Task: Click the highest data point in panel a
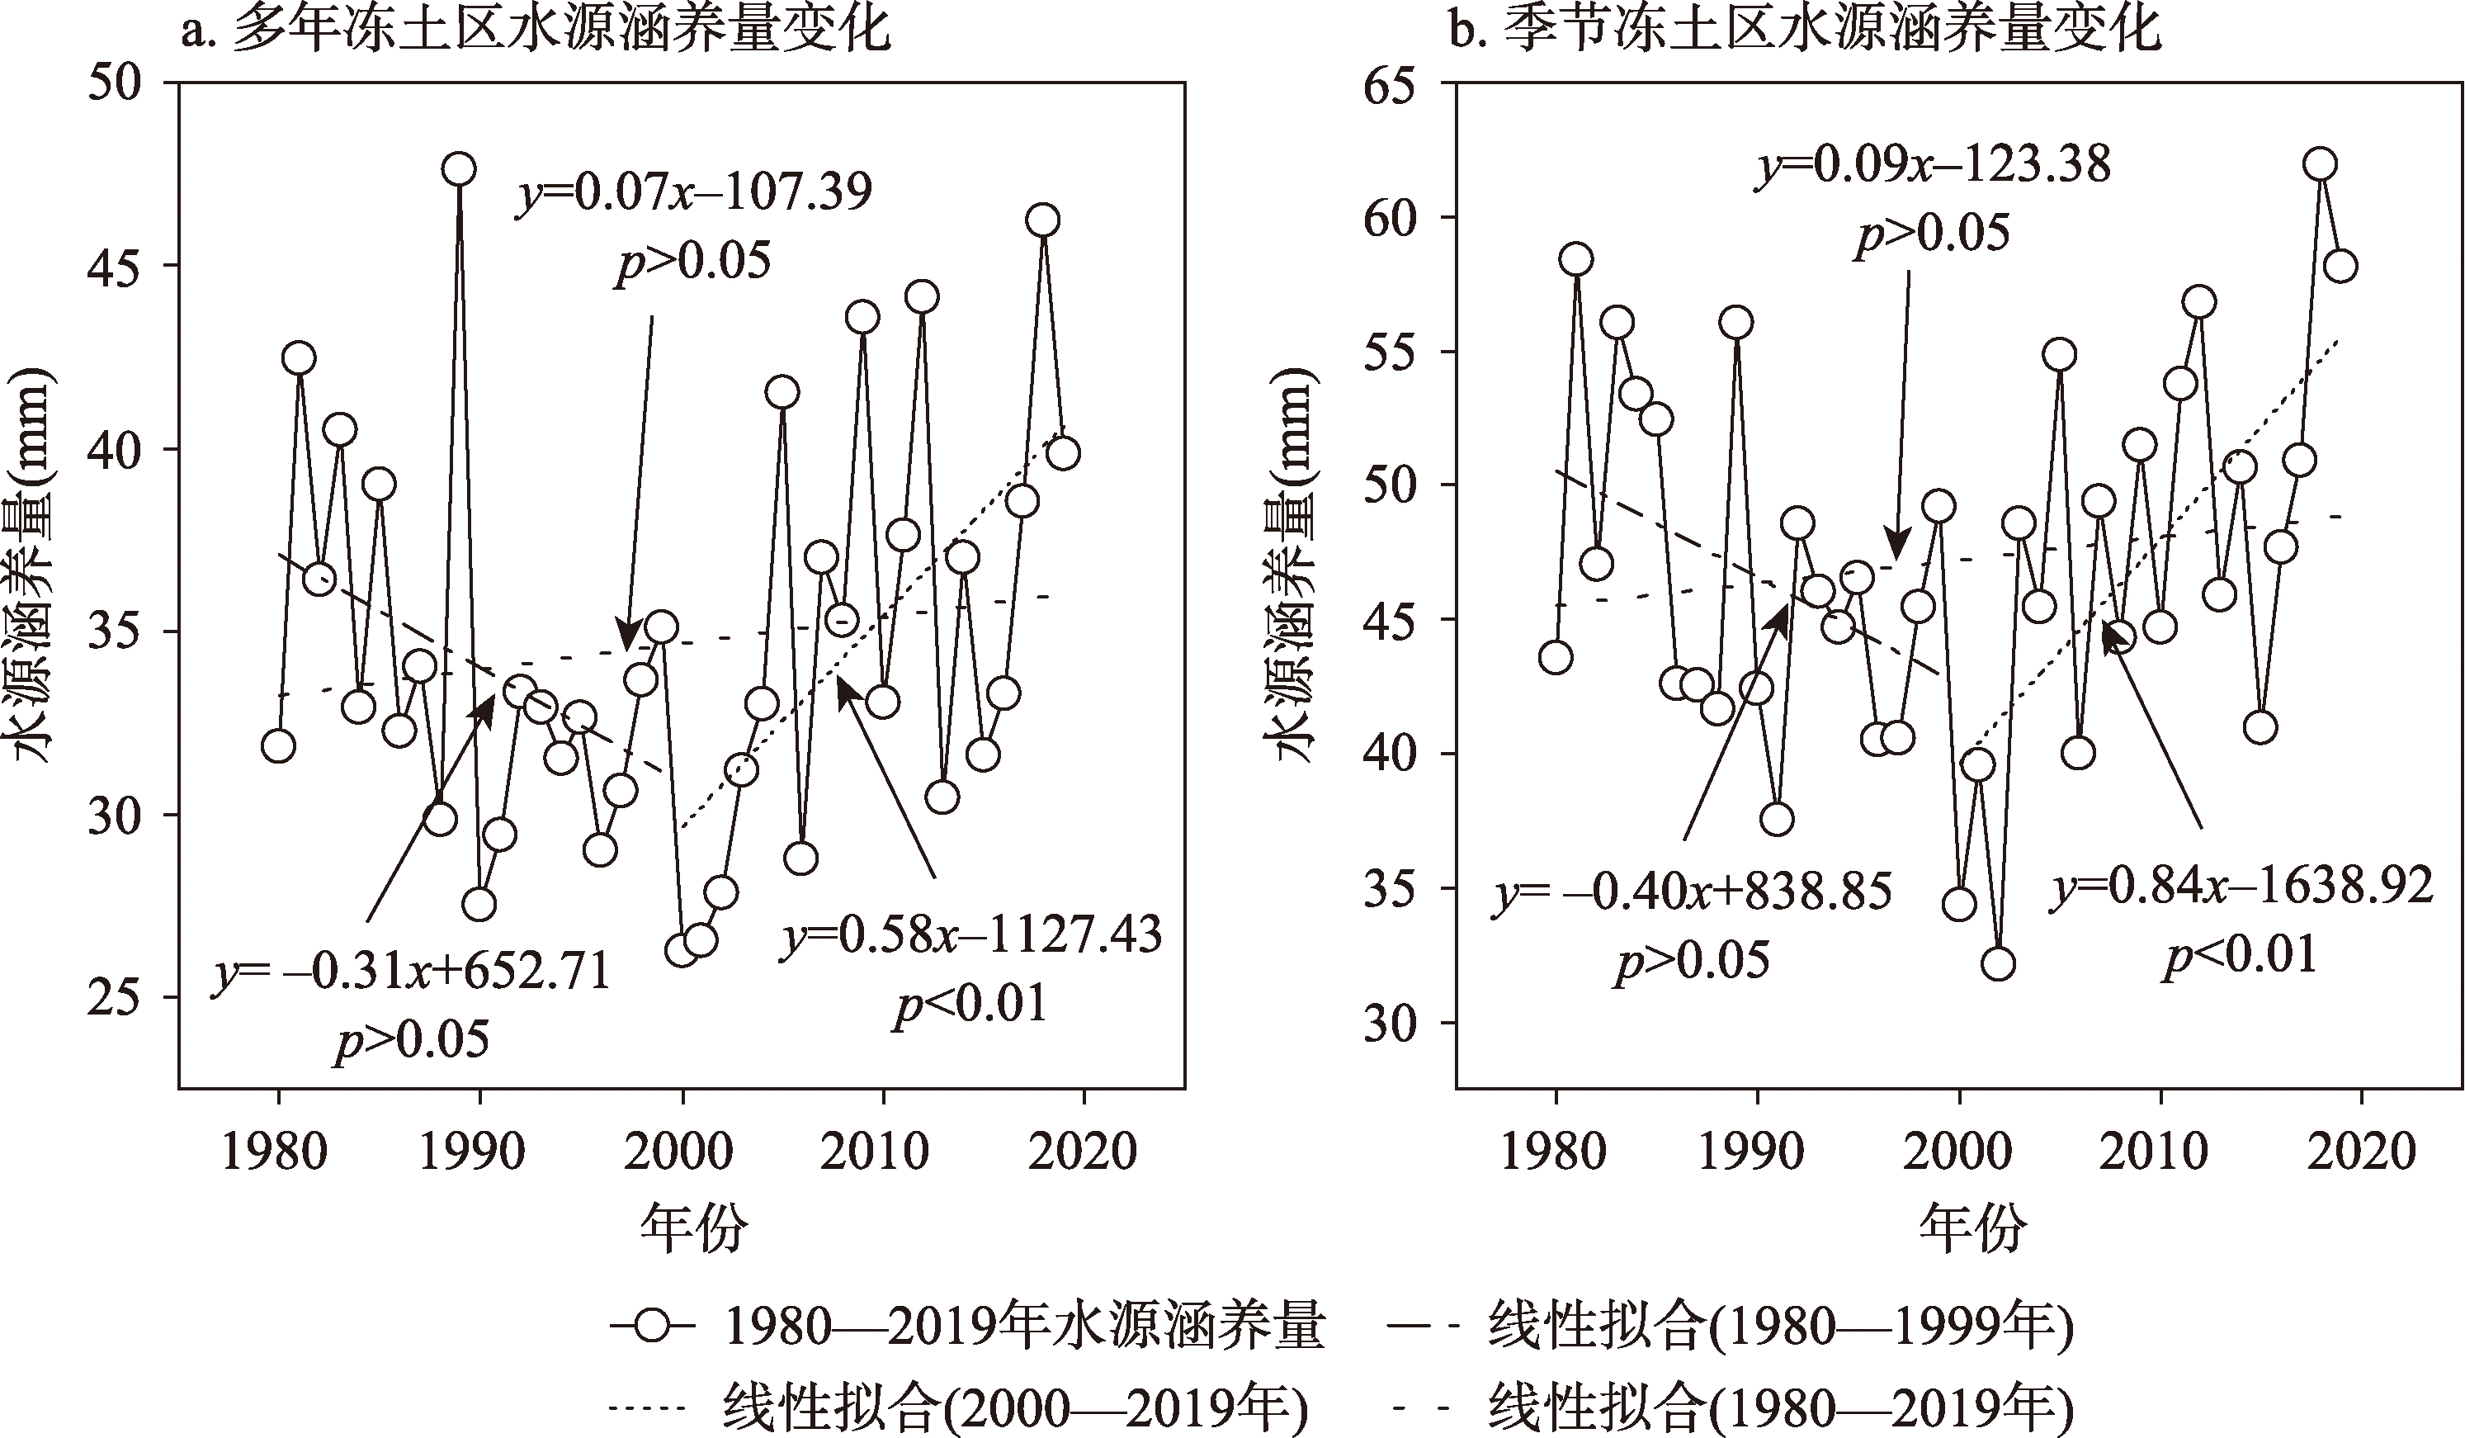point(459,169)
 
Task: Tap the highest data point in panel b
point(2319,163)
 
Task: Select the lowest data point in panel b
point(1999,963)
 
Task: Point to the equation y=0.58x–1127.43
point(971,934)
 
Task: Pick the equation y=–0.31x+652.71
point(412,972)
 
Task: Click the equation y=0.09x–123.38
point(1932,164)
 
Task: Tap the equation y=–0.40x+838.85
point(1693,892)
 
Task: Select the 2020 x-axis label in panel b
point(2361,1152)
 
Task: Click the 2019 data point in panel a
point(1063,453)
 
